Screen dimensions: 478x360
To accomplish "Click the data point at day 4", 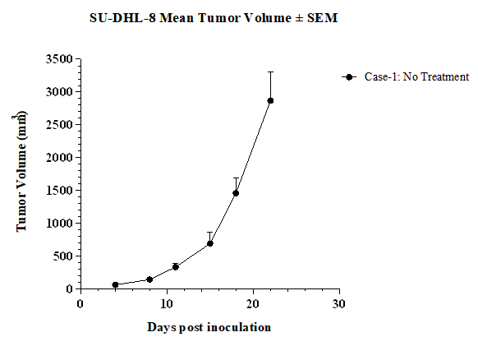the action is [x=115, y=284].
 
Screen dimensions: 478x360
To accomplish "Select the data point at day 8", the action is [x=149, y=279].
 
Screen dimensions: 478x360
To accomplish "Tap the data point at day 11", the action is [x=176, y=267].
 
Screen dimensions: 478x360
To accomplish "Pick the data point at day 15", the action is [x=210, y=243].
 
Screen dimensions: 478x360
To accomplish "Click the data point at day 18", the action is [x=236, y=193].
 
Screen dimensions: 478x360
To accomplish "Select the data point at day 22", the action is [x=270, y=100].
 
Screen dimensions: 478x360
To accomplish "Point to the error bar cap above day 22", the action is [x=270, y=72].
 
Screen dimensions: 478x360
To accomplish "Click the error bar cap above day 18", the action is [x=236, y=178].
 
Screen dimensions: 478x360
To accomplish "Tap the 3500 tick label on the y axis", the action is [x=59, y=59].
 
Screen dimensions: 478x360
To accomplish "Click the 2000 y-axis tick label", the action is [x=59, y=158].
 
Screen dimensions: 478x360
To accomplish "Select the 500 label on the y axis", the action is [x=63, y=256].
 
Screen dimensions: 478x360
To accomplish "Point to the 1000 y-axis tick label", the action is [x=59, y=223].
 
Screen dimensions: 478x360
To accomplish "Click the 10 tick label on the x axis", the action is [x=167, y=304].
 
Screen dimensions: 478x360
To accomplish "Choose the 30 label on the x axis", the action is [x=339, y=304].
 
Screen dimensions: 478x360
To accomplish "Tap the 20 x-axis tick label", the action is [x=253, y=304].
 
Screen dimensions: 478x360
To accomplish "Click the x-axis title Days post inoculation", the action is [x=209, y=327].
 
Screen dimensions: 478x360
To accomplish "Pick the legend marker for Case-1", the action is [x=349, y=77].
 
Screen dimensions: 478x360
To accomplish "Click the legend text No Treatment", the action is [x=436, y=76].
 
